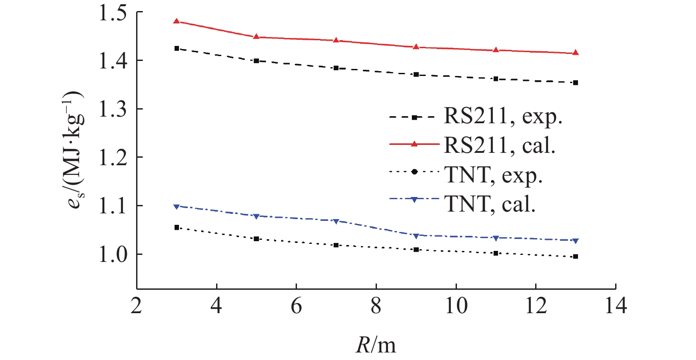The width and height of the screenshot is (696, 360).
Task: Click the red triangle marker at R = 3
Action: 177,21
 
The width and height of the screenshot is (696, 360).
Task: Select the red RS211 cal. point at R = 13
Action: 575,53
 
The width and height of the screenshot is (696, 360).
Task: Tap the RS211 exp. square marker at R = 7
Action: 336,68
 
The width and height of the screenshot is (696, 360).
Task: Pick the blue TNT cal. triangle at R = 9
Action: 416,236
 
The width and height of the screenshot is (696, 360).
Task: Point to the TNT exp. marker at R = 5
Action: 256,239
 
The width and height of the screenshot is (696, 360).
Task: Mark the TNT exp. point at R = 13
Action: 575,257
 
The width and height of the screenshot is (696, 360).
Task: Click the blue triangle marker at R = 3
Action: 177,207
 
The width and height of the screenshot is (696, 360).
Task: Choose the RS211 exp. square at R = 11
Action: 496,79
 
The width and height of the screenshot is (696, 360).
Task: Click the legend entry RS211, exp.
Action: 503,117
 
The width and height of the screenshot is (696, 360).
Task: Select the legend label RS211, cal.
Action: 499,145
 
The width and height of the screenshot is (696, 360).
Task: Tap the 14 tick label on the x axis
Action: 615,306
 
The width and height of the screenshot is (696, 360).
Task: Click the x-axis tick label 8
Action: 376,306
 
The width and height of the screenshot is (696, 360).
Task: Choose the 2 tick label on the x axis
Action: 137,306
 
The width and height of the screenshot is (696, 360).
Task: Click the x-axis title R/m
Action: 376,345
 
